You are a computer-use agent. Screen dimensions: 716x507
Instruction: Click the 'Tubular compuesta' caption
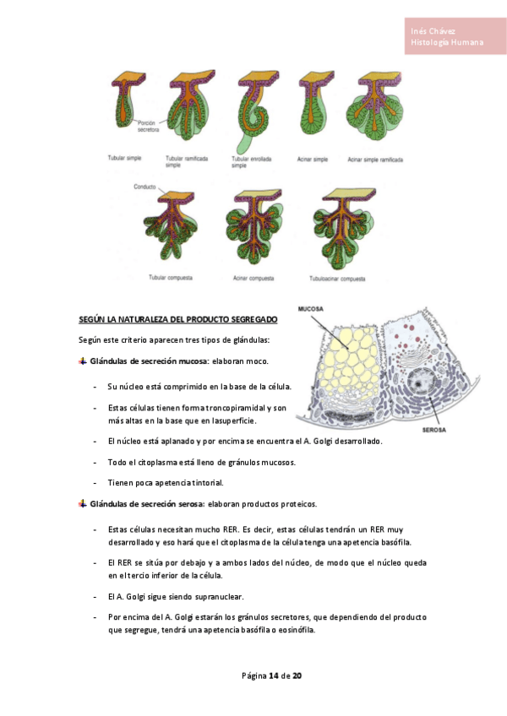(171, 278)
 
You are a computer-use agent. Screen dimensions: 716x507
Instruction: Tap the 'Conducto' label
(145, 187)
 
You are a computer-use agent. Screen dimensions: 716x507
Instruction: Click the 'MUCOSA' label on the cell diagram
(310, 309)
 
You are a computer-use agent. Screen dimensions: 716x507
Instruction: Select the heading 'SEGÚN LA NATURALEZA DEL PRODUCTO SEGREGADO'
(177, 321)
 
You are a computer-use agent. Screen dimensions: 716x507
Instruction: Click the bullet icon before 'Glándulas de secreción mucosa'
(82, 361)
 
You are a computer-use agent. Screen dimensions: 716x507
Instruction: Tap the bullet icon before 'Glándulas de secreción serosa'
(82, 504)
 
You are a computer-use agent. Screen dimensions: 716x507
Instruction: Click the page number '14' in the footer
(273, 676)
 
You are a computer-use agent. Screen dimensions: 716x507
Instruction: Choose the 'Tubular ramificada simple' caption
(184, 161)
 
